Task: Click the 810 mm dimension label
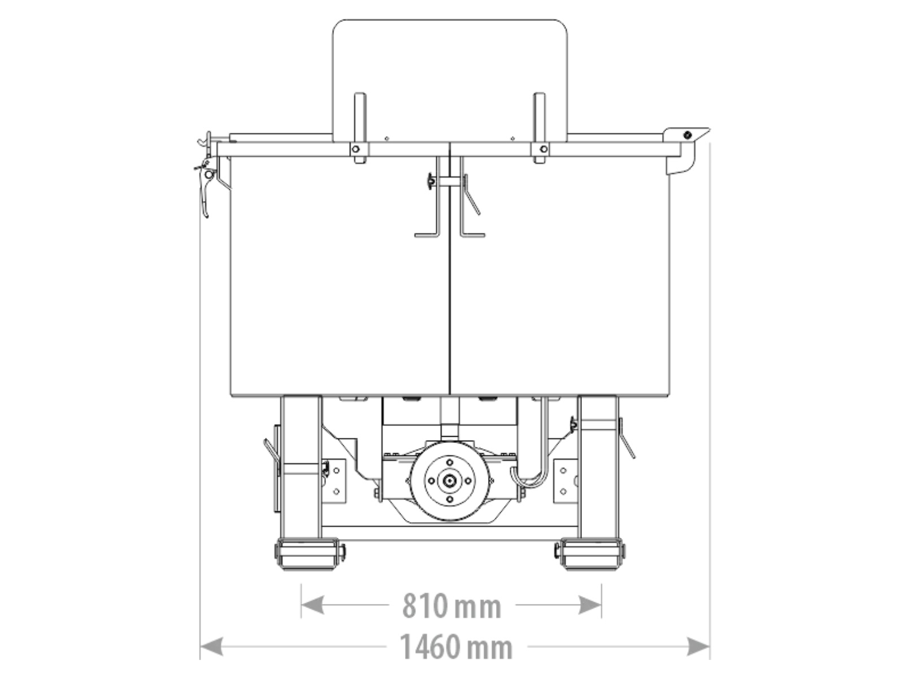click(451, 606)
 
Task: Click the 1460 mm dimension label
click(456, 647)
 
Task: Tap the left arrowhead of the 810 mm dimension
click(312, 605)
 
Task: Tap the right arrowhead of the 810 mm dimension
click(590, 605)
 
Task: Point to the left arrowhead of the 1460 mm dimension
click(211, 646)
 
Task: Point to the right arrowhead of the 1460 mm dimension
click(698, 646)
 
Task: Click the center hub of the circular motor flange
click(449, 480)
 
